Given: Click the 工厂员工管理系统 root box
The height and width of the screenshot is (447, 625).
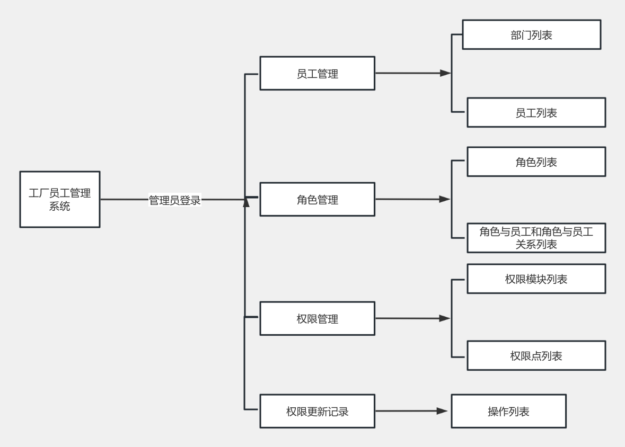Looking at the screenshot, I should (59, 199).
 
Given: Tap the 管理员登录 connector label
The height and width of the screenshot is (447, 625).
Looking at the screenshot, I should (174, 200).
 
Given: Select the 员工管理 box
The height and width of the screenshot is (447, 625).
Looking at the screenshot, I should (317, 73).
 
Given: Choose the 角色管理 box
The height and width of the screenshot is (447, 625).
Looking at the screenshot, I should (317, 199).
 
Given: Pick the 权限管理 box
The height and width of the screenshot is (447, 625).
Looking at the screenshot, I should (317, 318).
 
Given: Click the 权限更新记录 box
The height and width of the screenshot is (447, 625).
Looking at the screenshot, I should (317, 411).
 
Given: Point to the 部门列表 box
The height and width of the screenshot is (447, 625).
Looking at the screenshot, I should (531, 34).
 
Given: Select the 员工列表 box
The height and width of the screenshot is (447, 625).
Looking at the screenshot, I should (536, 112).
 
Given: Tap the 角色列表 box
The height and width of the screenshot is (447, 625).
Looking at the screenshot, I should (536, 162).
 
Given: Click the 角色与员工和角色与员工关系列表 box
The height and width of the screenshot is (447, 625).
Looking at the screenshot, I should (536, 238).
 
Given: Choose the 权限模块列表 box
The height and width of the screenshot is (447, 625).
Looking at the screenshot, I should (536, 279).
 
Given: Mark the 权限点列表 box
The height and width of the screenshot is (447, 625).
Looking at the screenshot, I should (536, 355).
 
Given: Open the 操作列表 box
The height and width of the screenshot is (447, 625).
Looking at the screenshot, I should (508, 411).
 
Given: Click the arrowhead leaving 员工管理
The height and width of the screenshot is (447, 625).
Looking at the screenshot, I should (445, 73).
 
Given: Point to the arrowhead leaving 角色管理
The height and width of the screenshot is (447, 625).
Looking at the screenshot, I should (445, 199).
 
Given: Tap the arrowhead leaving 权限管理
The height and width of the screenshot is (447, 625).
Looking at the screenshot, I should (445, 318).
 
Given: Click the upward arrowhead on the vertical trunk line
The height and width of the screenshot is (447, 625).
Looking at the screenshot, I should (246, 202).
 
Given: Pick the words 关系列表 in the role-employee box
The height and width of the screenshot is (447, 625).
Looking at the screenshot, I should (536, 244).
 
